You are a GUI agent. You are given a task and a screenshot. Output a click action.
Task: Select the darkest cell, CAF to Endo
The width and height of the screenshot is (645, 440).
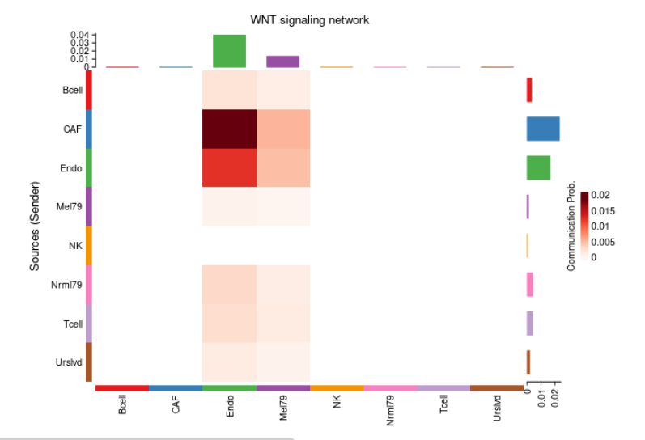point(229,129)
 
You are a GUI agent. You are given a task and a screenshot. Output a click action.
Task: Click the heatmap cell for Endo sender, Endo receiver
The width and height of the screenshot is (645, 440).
point(229,167)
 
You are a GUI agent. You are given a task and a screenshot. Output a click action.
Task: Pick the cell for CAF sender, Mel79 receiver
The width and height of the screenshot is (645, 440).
point(283,129)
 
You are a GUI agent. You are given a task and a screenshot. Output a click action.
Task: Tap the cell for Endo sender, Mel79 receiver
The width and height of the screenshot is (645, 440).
point(283,167)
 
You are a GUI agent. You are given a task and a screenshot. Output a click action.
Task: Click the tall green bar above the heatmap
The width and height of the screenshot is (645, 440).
point(229,51)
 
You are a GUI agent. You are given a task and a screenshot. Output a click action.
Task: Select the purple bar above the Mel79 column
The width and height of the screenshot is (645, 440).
point(283,61)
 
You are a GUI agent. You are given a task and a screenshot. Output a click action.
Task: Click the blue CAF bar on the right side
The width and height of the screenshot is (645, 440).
point(543,129)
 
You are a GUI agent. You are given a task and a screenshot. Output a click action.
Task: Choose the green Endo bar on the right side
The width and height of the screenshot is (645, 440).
point(539,167)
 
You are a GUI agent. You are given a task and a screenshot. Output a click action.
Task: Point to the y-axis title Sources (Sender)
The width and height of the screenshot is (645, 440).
point(35,226)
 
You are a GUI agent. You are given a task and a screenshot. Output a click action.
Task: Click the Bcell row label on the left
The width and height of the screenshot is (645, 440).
point(70,90)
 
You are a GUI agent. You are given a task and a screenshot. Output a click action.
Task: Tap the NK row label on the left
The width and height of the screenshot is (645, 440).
point(76,245)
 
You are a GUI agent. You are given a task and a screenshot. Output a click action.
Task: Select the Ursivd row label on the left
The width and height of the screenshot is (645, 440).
point(68,362)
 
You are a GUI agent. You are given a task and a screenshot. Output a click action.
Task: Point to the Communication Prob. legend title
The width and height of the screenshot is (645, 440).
point(571,226)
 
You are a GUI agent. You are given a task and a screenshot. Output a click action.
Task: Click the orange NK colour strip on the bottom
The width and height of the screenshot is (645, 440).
point(337,388)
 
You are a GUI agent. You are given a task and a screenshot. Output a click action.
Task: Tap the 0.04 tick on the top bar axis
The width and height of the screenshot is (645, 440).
point(80,35)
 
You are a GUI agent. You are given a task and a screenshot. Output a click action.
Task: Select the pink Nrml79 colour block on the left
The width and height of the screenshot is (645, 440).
point(89,284)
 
